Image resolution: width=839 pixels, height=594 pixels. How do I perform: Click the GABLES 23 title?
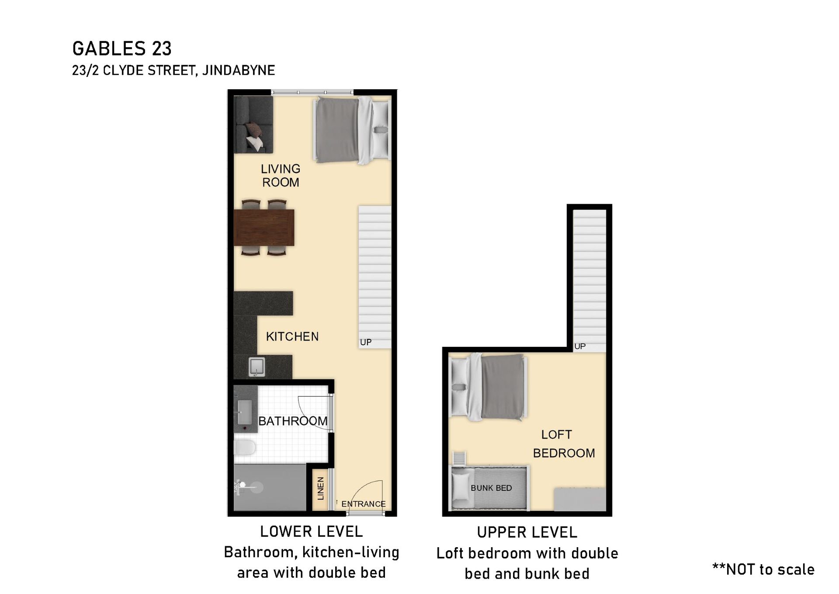122,48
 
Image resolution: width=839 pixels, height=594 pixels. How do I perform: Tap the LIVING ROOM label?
281,175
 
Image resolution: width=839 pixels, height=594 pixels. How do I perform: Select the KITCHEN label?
292,336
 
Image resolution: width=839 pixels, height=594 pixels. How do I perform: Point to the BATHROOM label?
293,421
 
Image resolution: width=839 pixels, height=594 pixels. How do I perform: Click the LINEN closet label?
321,489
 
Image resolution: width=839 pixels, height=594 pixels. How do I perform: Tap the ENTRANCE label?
364,504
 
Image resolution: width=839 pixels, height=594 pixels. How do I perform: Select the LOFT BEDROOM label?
564,444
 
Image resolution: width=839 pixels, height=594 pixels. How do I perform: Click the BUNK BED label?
491,488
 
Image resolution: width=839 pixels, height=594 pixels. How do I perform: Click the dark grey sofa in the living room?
253,125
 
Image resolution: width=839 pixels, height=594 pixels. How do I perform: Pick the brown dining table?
264,227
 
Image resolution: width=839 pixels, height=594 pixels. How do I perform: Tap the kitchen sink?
257,366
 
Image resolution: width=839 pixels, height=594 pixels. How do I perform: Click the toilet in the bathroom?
245,448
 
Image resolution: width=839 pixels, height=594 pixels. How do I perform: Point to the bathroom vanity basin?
244,412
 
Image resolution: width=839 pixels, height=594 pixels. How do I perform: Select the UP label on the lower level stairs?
366,342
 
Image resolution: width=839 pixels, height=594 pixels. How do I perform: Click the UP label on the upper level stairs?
580,346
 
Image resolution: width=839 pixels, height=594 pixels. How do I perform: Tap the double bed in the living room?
352,130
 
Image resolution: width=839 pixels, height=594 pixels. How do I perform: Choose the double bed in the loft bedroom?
489,387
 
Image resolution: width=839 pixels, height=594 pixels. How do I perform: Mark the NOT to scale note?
763,569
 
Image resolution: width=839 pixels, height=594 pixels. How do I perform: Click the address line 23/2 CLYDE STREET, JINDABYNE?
173,70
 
